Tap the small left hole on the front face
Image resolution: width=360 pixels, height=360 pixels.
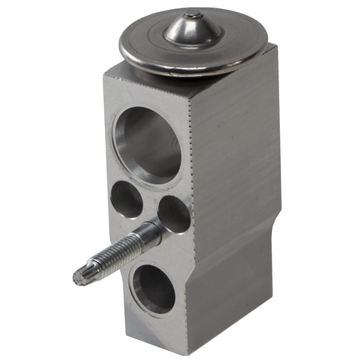pos(127,199)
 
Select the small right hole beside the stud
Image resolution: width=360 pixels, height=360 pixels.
pos(174,214)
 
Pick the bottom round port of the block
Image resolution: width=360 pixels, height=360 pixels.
pos(154,289)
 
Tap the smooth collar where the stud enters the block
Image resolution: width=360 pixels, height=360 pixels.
pos(149,235)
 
